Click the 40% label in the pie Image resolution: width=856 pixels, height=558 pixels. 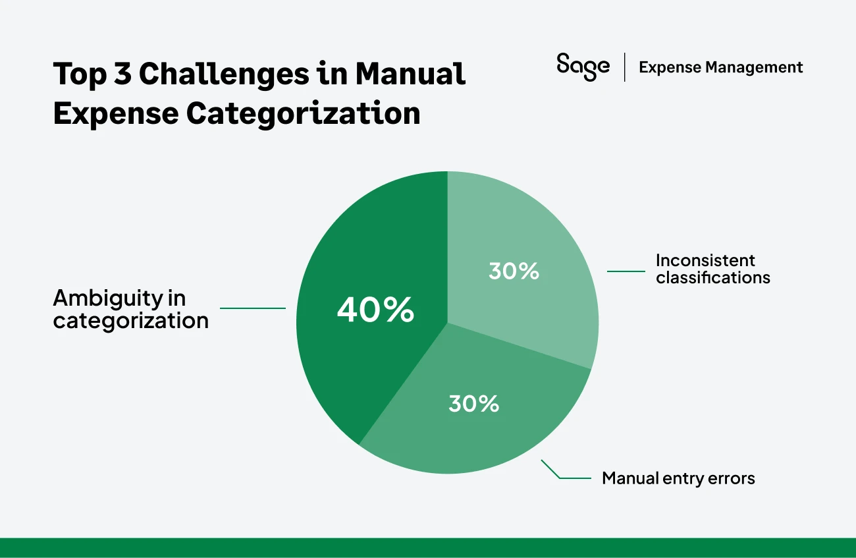click(375, 310)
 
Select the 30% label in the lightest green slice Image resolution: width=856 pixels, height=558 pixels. click(514, 271)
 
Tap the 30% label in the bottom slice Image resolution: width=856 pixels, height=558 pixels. click(473, 403)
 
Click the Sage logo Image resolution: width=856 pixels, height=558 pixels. click(583, 67)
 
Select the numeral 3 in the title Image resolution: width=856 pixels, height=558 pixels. click(122, 74)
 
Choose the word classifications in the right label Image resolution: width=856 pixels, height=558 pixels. click(713, 277)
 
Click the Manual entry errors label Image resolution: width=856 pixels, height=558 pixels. click(678, 478)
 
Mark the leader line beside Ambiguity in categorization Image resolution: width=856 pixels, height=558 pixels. click(252, 308)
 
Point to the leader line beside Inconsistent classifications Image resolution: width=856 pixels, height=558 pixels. click(626, 271)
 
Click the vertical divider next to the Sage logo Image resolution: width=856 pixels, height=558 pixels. click(624, 67)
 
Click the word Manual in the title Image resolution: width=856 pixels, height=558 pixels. click(410, 74)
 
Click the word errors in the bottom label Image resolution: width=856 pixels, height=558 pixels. click(732, 478)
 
